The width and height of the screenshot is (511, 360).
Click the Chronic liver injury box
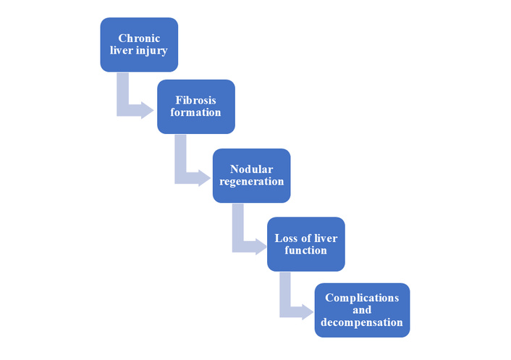click(139, 45)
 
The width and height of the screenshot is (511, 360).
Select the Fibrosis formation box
click(195, 106)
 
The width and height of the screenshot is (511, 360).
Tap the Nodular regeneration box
click(252, 175)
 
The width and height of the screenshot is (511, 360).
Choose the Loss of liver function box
click(305, 244)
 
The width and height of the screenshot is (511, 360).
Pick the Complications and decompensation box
click(362, 310)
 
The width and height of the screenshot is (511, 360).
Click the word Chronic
click(139, 38)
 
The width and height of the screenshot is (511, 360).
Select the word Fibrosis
click(195, 100)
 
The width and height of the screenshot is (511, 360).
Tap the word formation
click(195, 113)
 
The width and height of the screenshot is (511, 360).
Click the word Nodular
click(252, 169)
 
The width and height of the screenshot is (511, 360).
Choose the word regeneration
click(252, 182)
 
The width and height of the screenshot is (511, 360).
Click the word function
click(305, 251)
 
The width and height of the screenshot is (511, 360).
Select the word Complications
click(362, 298)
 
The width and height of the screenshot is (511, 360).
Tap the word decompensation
click(362, 322)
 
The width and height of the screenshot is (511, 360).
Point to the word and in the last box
click(362, 310)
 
